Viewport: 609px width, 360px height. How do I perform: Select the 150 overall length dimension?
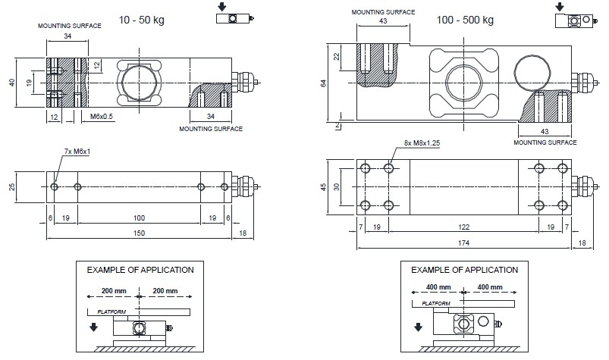click(139, 234)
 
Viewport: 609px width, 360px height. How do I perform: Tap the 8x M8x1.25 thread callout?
click(413, 141)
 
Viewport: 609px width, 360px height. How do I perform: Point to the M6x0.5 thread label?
click(102, 117)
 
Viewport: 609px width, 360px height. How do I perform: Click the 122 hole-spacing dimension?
click(463, 226)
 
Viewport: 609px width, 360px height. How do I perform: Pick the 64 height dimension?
click(324, 83)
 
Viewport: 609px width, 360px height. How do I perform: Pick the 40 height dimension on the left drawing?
click(12, 82)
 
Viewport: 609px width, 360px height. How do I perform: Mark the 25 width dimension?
click(12, 186)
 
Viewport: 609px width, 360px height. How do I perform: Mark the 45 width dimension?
click(325, 186)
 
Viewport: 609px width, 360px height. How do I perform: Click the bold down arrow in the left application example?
click(93, 327)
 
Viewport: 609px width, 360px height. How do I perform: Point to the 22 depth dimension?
click(337, 58)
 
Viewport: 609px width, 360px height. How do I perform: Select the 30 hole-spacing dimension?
click(337, 186)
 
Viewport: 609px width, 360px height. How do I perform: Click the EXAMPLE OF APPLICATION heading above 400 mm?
click(464, 270)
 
